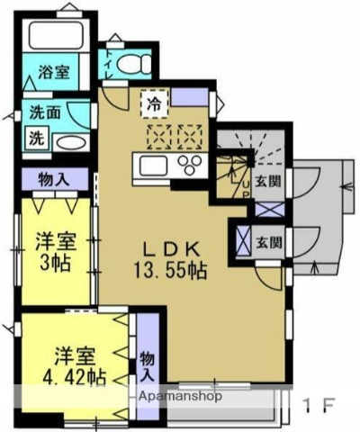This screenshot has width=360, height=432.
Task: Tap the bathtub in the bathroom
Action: pos(53,37)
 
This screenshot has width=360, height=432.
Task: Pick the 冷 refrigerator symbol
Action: pos(155,103)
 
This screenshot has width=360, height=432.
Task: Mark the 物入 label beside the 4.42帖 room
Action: pos(147,364)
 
